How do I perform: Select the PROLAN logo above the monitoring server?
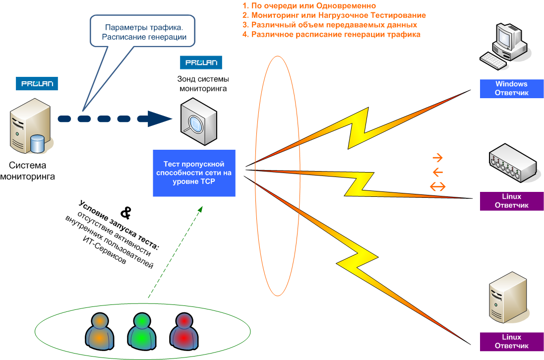coord(37,83)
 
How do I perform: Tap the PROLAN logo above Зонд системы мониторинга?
coord(201,62)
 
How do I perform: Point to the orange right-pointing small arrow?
coord(438,158)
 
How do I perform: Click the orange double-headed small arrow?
coord(438,186)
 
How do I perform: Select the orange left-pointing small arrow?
coord(438,173)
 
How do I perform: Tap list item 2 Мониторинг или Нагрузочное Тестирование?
coord(334,15)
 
